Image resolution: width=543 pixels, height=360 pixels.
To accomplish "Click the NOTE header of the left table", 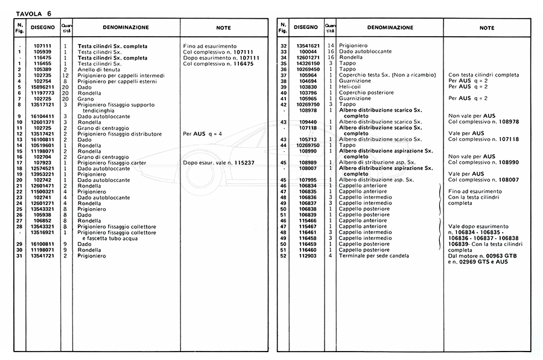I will (x=223, y=28).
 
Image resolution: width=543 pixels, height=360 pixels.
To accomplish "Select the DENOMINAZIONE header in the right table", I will (x=390, y=28).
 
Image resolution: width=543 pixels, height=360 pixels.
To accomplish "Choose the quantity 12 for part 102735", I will (x=65, y=75).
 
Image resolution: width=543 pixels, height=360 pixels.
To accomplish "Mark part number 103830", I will (x=307, y=87).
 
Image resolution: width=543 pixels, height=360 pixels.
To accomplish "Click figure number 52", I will (x=283, y=255).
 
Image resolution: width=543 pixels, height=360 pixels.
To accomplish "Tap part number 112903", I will (x=307, y=255).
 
